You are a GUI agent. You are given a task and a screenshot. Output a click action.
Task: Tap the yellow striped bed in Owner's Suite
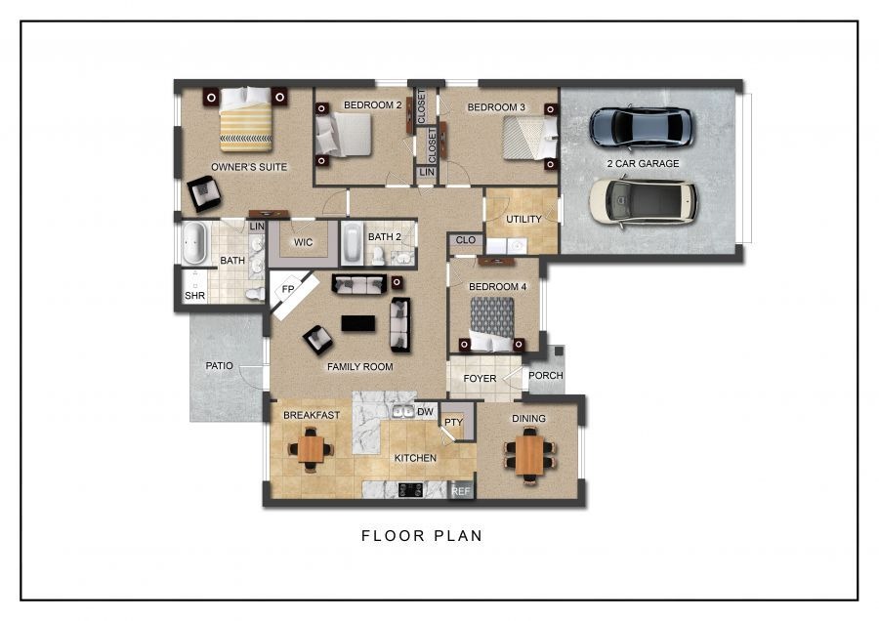(245, 119)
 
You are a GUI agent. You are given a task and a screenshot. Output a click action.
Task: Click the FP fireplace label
(288, 289)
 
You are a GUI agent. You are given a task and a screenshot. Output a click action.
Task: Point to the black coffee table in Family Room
(358, 323)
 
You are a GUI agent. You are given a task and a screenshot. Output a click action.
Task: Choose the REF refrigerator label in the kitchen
(461, 491)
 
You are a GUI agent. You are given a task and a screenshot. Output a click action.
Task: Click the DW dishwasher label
(426, 412)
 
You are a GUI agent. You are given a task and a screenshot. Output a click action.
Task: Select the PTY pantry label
(453, 422)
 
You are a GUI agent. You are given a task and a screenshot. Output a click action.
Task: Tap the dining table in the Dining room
(528, 455)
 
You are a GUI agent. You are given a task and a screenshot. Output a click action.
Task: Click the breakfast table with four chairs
(310, 449)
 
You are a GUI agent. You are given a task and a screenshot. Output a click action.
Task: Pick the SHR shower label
(195, 296)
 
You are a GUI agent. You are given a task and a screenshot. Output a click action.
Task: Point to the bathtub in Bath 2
(352, 243)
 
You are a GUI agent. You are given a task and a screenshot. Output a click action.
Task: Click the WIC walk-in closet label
(304, 242)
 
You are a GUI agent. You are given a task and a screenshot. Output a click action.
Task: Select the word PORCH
(545, 376)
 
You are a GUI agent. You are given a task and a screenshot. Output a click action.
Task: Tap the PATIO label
(219, 365)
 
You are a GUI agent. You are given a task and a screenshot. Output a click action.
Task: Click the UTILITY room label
(523, 219)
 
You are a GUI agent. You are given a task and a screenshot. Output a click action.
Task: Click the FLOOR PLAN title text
(422, 536)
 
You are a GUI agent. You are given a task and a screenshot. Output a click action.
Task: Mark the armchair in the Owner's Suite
(204, 193)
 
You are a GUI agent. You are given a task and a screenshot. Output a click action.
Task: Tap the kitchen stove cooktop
(411, 490)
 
